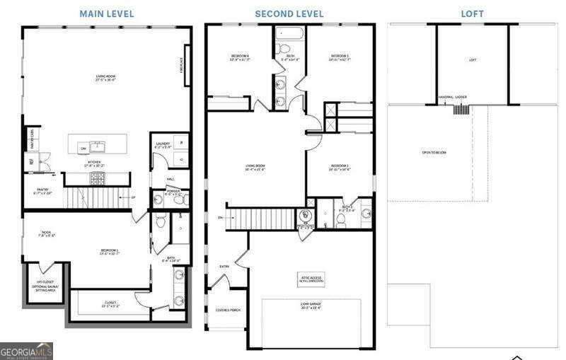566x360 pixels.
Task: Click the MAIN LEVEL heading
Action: (106, 13)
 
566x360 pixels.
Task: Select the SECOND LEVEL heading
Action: (289, 13)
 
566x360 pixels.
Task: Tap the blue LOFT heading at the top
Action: (473, 13)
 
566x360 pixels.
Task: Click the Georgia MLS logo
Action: (26, 351)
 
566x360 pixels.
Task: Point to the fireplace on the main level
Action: (187, 65)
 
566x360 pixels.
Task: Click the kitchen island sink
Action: (98, 147)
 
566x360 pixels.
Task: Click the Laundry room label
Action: (163, 145)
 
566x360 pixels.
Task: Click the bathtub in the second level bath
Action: (290, 34)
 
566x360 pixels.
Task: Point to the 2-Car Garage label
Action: (311, 307)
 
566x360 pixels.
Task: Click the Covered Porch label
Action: (227, 310)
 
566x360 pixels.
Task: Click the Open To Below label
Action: (434, 153)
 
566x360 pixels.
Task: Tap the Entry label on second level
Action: (224, 267)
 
